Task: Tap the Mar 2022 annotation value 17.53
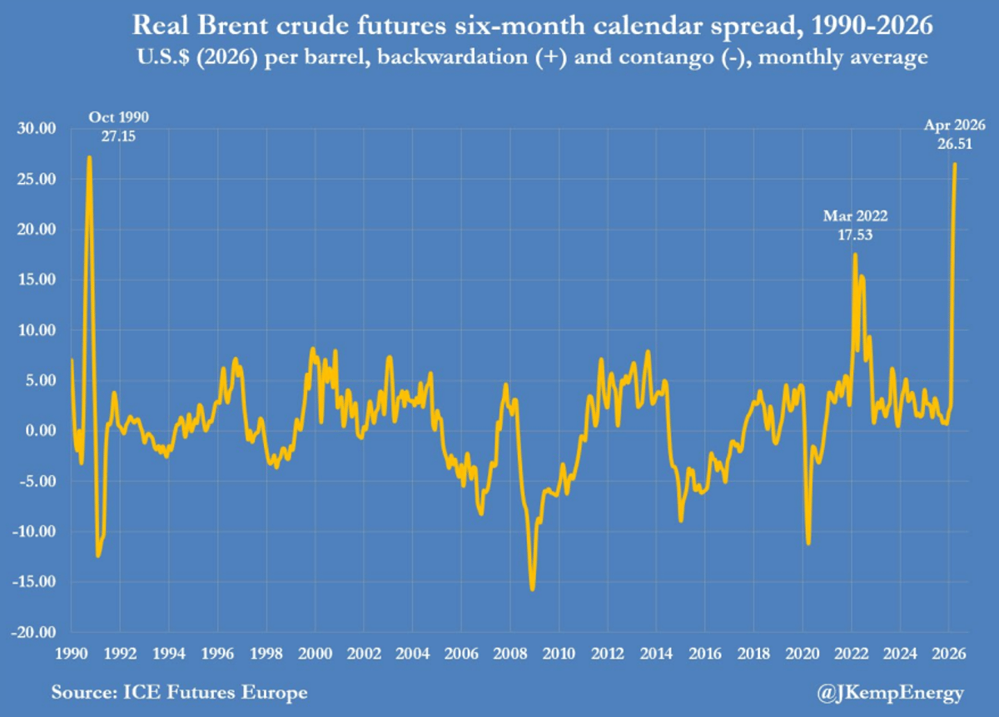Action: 856,235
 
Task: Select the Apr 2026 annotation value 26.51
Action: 955,144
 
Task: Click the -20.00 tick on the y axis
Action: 32,632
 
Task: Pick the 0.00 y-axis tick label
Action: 38,431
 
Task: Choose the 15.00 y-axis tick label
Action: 35,279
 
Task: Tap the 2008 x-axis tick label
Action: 509,653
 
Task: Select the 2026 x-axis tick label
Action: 949,653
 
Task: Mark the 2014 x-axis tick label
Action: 656,653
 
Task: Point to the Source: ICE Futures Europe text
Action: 179,692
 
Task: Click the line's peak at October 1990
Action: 89,157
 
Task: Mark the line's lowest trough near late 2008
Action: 532,589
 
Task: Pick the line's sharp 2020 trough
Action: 808,543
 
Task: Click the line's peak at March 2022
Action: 855,255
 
